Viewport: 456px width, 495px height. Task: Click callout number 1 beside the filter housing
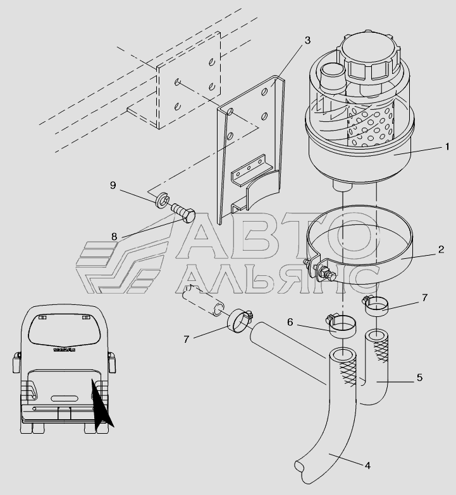[x=447, y=146]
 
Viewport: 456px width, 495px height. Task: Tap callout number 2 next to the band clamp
[x=441, y=249]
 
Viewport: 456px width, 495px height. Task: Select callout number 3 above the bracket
[x=307, y=40]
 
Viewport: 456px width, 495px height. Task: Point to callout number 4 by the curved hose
[x=367, y=466]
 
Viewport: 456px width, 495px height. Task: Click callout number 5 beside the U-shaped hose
[x=420, y=378]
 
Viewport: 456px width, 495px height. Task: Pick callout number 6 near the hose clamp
[x=290, y=322]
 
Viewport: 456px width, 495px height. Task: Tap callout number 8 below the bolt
[x=114, y=236]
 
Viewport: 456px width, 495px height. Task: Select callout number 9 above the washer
[x=113, y=185]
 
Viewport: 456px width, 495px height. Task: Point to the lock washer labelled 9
[x=163, y=201]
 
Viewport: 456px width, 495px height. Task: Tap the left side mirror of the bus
[x=16, y=364]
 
